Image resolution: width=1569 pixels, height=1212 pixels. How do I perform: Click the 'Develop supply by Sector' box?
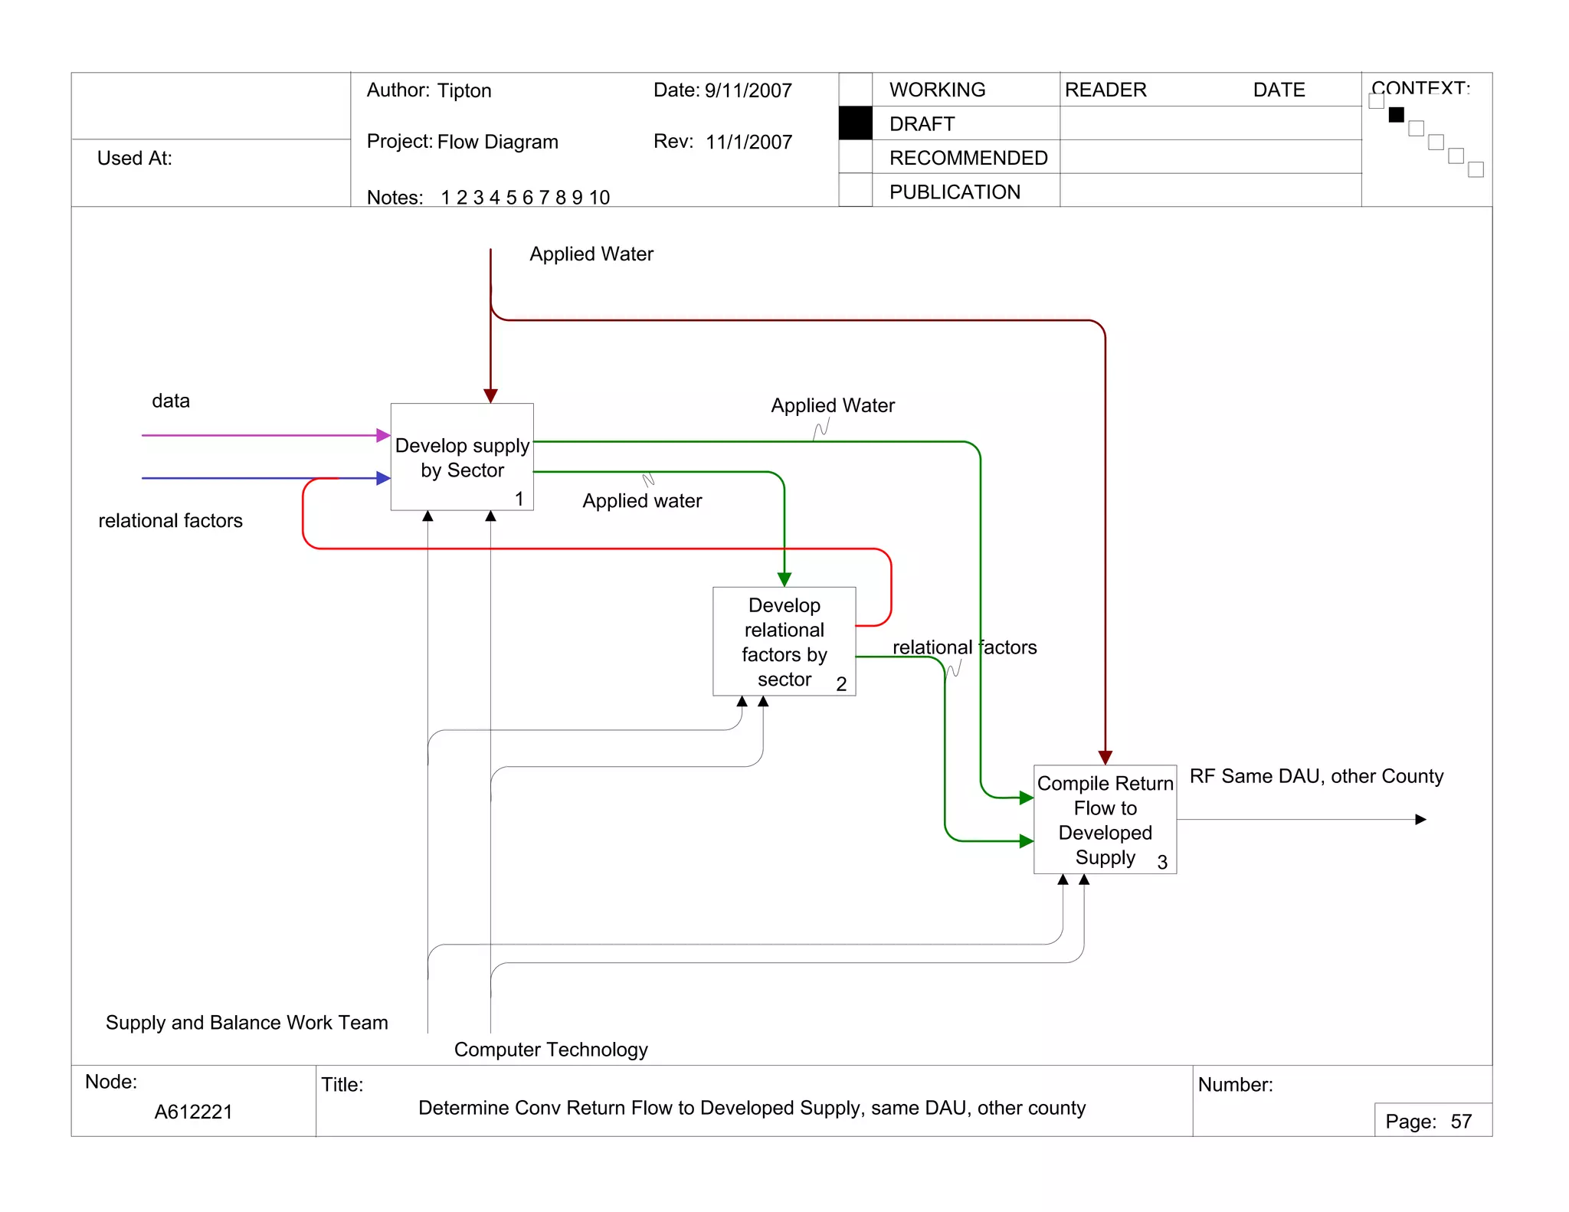tap(462, 457)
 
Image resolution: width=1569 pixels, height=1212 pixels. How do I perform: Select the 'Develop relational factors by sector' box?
tap(784, 642)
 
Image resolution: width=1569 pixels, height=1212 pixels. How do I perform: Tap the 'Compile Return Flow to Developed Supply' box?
tap(1105, 820)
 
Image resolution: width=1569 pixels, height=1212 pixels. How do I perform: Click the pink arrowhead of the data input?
tap(384, 435)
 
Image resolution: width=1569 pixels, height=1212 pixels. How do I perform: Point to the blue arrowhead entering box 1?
tap(384, 478)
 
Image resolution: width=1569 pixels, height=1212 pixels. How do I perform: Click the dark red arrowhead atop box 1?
tap(490, 395)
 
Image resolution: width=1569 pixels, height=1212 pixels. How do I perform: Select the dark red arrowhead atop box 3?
tap(1105, 758)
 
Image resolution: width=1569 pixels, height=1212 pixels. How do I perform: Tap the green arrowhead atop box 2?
tap(784, 579)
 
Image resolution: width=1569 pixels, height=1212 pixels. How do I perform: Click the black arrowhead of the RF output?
tap(1420, 820)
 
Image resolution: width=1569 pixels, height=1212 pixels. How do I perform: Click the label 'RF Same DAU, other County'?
tap(1316, 776)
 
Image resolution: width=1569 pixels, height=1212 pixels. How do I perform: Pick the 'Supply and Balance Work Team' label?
tap(247, 1023)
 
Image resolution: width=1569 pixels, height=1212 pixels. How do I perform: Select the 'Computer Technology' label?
tap(551, 1050)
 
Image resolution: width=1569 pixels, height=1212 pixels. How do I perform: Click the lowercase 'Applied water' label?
tap(642, 501)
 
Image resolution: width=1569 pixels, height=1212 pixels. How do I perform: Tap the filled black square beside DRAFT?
tap(855, 123)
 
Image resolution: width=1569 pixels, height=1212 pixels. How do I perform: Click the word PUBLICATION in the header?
tap(955, 192)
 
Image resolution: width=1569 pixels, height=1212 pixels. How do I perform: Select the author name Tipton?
tap(464, 90)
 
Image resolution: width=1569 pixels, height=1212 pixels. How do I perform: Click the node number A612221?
tap(193, 1112)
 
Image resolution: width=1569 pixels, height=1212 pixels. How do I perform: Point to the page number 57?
tap(1461, 1122)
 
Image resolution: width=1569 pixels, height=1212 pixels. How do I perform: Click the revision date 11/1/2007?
tap(748, 142)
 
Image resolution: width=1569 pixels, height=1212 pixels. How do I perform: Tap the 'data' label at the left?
tap(170, 401)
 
